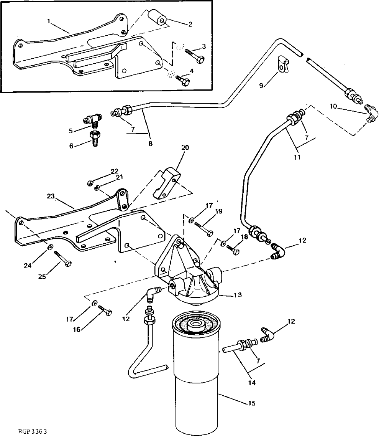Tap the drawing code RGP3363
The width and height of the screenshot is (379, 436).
point(32,431)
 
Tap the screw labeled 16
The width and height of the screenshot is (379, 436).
point(105,310)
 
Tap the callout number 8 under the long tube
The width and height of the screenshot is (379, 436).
point(150,144)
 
